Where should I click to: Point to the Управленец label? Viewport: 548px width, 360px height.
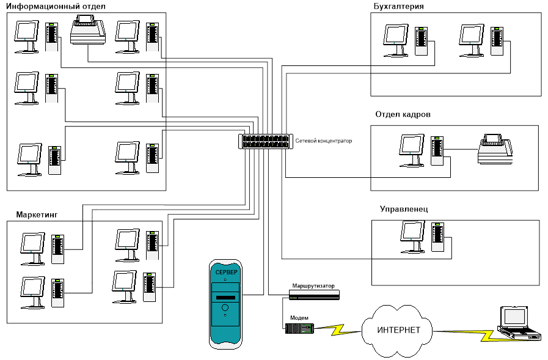tap(404, 209)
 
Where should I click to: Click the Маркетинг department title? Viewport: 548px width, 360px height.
tap(38, 215)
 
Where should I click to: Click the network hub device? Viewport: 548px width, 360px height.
tap(264, 141)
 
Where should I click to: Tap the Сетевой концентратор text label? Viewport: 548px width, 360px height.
tap(323, 141)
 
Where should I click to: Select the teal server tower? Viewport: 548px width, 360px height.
tap(225, 304)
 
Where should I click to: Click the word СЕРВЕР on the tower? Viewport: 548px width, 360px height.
tap(225, 271)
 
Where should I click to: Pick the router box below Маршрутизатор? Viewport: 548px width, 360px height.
tap(314, 295)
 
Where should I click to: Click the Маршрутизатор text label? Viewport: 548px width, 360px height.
tap(313, 286)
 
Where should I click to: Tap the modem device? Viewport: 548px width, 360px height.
tap(299, 329)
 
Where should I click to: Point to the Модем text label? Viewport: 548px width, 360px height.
tap(300, 318)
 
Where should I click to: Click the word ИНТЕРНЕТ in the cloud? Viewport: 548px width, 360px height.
tap(398, 330)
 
